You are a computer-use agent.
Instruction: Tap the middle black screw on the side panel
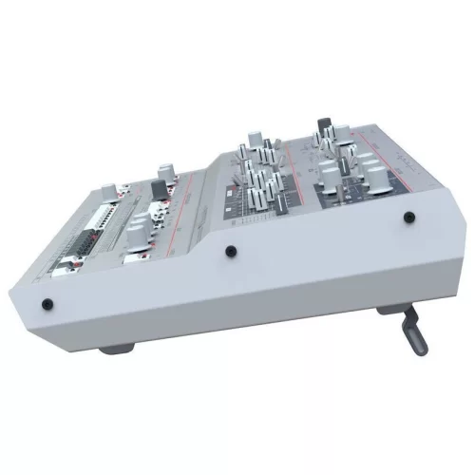click(229, 252)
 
